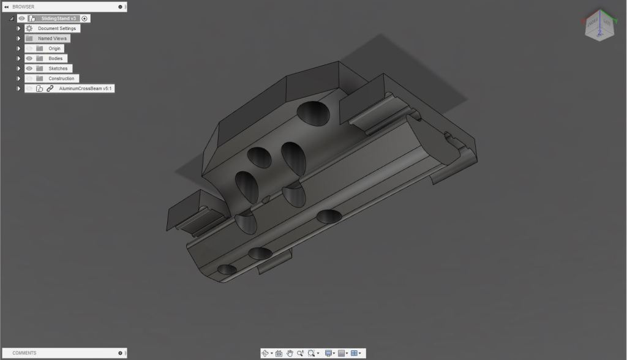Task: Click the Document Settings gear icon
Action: pyautogui.click(x=29, y=28)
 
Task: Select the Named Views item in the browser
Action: pyautogui.click(x=53, y=39)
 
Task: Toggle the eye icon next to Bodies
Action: pyautogui.click(x=29, y=58)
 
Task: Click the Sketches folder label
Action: pyautogui.click(x=58, y=69)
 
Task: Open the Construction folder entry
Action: pyautogui.click(x=61, y=78)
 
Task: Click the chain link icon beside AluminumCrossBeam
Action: pyautogui.click(x=50, y=89)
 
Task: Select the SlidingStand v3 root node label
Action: pyautogui.click(x=59, y=18)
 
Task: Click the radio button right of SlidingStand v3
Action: pyautogui.click(x=84, y=18)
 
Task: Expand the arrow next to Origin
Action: pyautogui.click(x=19, y=48)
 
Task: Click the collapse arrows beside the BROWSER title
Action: pyautogui.click(x=6, y=6)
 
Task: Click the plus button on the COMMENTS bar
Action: pyautogui.click(x=120, y=353)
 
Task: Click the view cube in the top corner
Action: pyautogui.click(x=597, y=26)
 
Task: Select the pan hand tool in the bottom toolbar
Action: pyautogui.click(x=290, y=353)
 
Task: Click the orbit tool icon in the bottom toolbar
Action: pyautogui.click(x=265, y=353)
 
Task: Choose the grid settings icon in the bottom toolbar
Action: pyautogui.click(x=342, y=353)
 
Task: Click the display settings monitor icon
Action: pyautogui.click(x=329, y=353)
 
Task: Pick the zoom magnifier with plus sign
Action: pyautogui.click(x=301, y=353)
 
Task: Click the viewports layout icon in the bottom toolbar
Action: pyautogui.click(x=355, y=353)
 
